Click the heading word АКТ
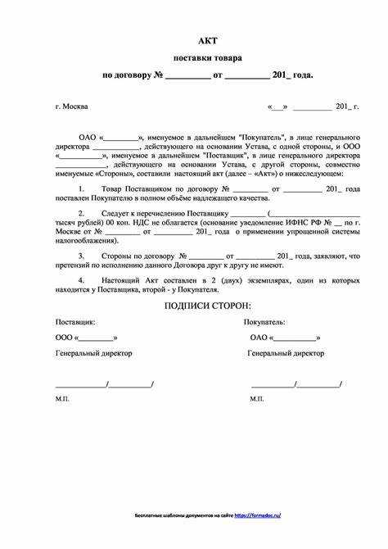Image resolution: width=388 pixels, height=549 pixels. (208, 40)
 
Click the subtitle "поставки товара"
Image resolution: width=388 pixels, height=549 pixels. (207, 57)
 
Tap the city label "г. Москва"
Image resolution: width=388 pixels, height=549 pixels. (72, 107)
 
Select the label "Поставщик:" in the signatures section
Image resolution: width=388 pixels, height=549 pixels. (74, 322)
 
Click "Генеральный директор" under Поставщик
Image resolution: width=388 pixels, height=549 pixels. (93, 352)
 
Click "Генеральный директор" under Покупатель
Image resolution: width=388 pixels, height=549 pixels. (286, 352)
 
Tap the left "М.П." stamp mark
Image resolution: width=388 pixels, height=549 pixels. (63, 398)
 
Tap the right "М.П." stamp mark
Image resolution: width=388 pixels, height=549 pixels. (257, 398)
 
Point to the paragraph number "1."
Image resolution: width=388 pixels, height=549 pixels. (82, 188)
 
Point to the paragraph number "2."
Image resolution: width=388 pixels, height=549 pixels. (82, 213)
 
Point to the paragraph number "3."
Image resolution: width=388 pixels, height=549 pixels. (82, 256)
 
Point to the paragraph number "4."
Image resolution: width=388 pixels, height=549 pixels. (82, 279)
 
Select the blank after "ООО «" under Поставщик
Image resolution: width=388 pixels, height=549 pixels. (97, 338)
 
